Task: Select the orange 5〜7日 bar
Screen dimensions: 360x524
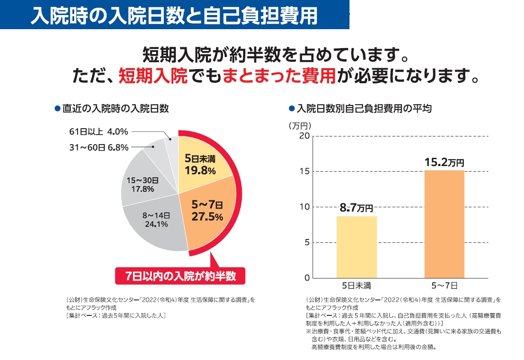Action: [444, 224]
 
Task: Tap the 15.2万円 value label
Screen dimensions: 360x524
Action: [444, 162]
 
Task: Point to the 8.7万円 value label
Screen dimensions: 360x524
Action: [356, 209]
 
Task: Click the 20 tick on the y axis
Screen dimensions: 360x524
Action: [304, 136]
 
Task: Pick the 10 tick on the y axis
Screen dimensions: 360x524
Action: [304, 207]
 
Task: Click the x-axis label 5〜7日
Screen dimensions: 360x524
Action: [445, 285]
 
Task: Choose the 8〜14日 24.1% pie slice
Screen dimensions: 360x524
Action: [157, 223]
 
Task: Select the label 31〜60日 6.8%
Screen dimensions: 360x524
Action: [99, 148]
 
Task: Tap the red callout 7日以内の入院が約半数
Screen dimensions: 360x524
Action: [181, 276]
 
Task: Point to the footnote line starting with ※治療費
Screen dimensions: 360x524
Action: [403, 332]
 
